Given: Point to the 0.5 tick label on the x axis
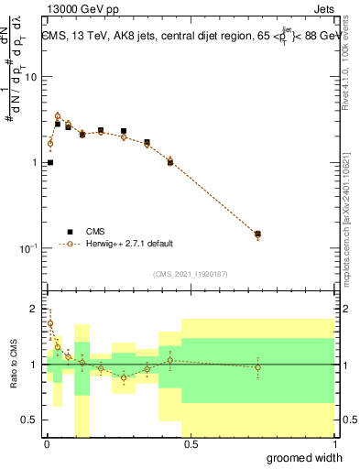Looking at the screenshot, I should tap(191, 444).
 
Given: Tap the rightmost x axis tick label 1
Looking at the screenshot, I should tap(334, 444).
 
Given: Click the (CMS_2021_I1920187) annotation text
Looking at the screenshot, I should tap(190, 273).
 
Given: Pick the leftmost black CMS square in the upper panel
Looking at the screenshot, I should tap(49, 162).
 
